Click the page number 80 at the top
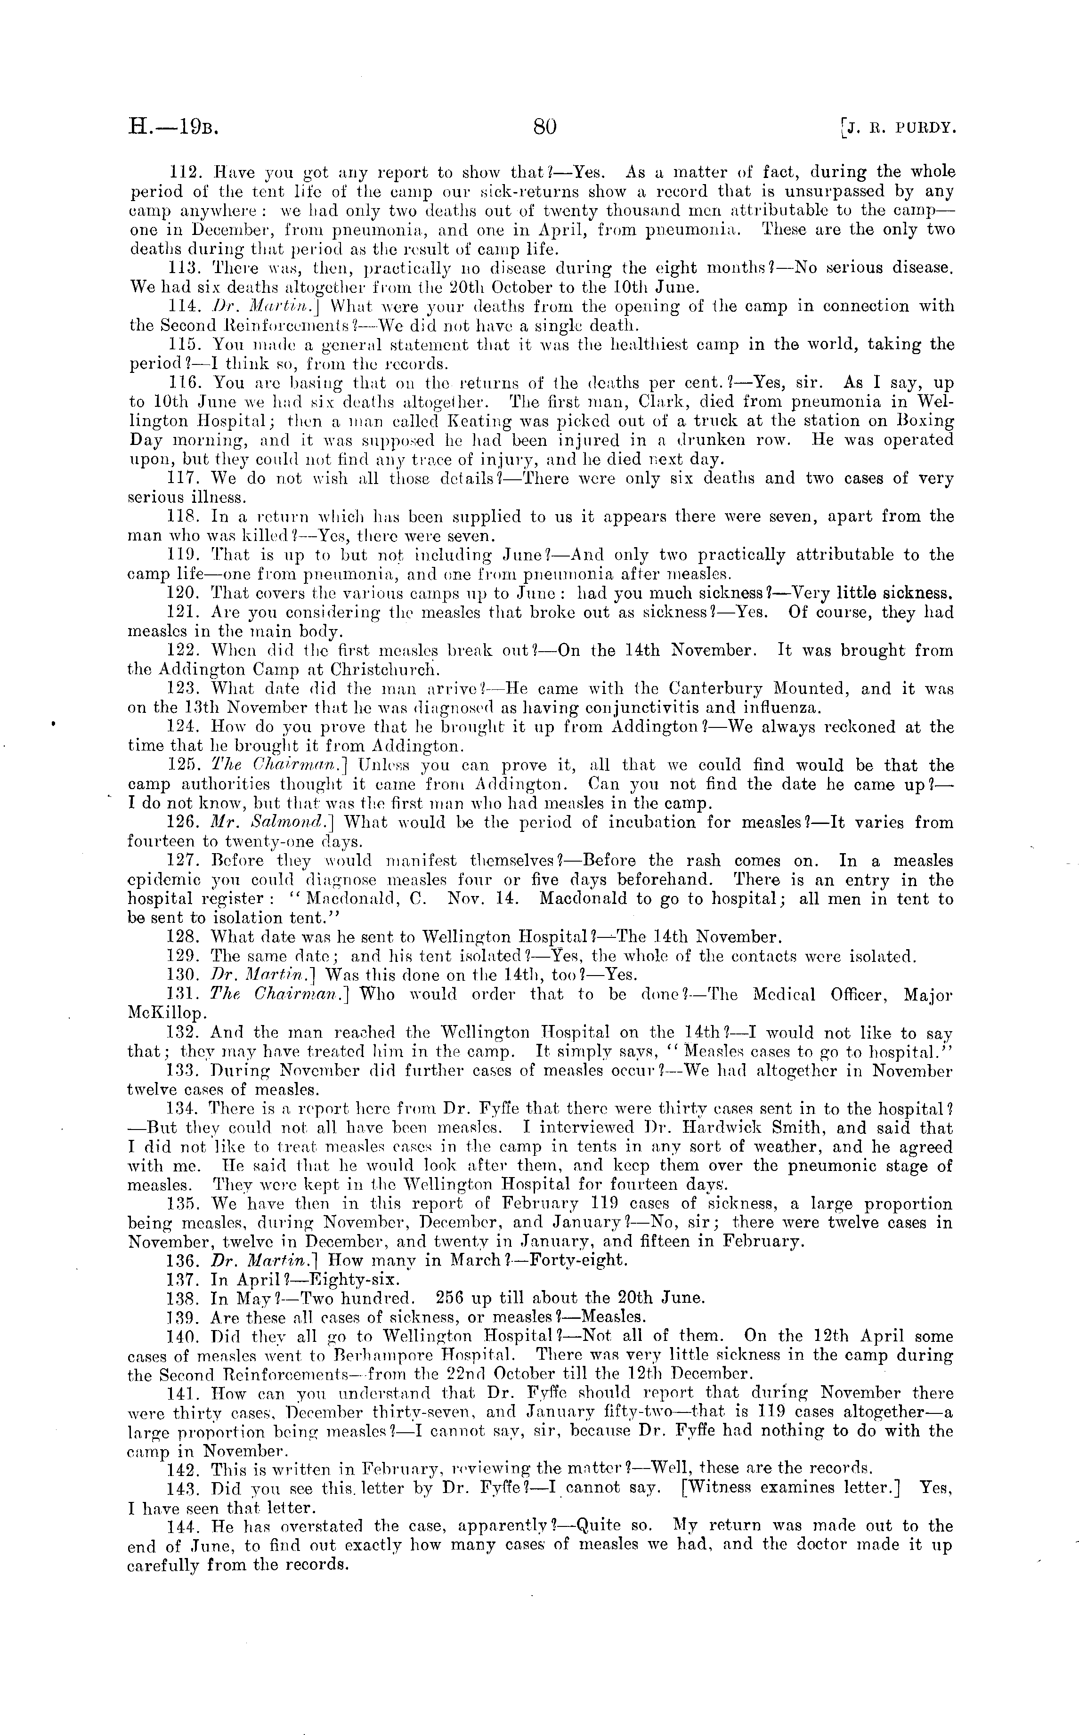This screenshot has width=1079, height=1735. [544, 127]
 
